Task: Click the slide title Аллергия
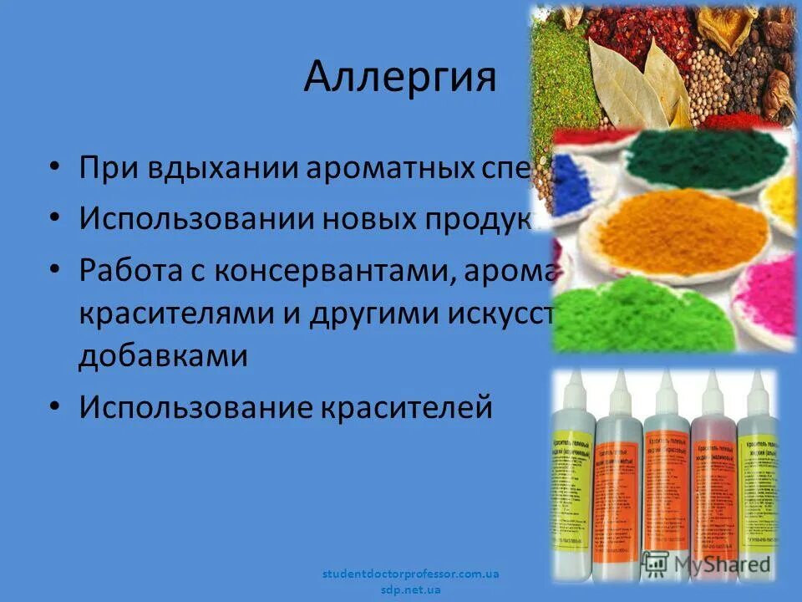400,77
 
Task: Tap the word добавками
163,355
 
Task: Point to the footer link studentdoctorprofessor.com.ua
410,574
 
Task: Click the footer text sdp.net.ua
410,589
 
